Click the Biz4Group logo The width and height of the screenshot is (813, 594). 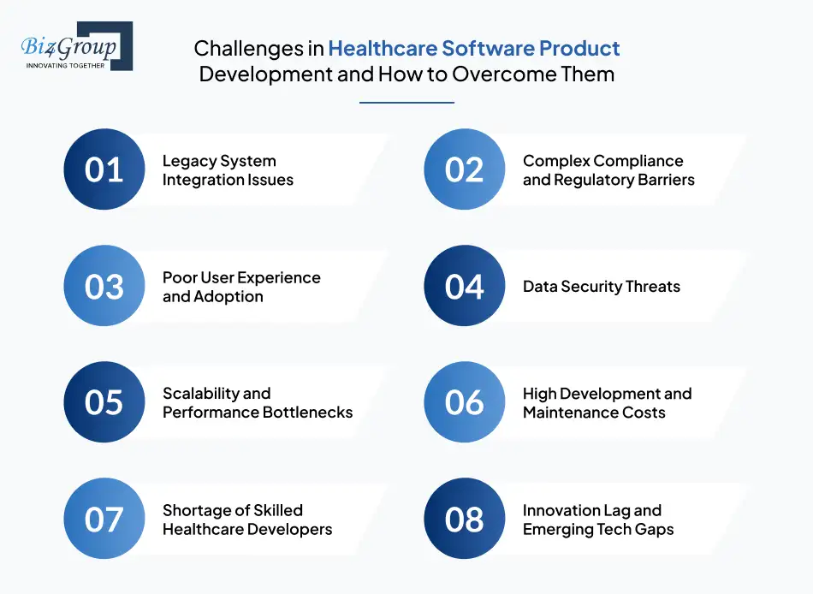75,47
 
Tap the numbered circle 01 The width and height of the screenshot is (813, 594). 104,169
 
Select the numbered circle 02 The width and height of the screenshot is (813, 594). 465,169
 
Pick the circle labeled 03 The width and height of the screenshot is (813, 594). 104,286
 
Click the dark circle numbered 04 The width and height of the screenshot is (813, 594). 465,286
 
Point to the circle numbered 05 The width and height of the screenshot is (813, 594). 104,402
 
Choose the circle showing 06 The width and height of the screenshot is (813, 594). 465,402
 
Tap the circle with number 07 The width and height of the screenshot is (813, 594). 104,519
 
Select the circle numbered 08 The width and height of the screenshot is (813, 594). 465,519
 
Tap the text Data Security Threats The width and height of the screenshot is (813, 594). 601,287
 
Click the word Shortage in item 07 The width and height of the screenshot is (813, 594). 196,510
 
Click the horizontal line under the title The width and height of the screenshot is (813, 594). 406,103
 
